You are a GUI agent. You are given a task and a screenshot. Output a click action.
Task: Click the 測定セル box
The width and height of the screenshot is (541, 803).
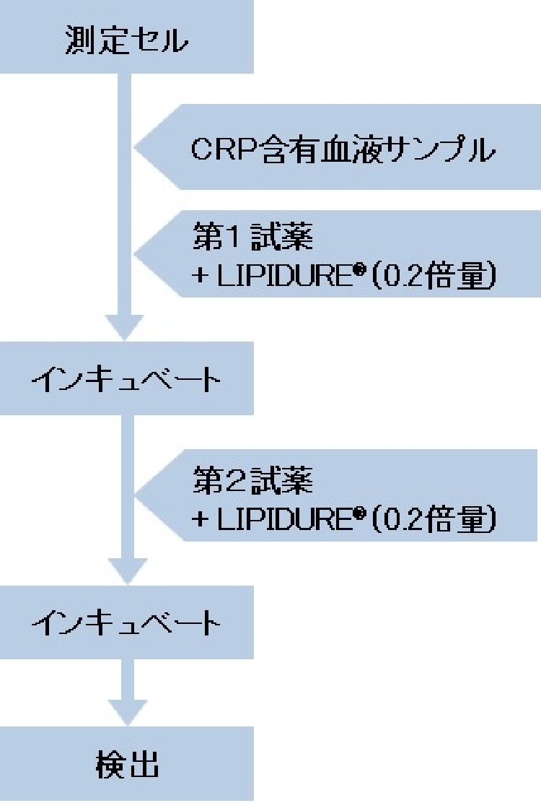point(126,38)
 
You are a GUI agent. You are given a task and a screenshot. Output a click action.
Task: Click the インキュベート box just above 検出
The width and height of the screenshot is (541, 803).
point(126,622)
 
